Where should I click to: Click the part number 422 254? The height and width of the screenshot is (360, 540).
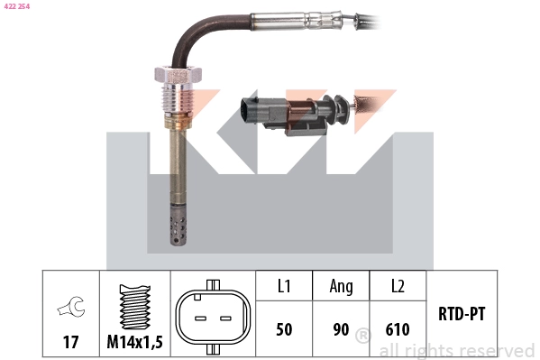(x=17, y=6)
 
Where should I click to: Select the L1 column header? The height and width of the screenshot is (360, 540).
(x=283, y=287)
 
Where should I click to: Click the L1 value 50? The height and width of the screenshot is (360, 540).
(x=283, y=329)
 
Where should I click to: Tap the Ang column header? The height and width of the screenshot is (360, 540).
(x=341, y=287)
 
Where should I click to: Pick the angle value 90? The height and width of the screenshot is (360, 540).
(x=341, y=329)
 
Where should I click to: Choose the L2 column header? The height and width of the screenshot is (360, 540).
(x=398, y=287)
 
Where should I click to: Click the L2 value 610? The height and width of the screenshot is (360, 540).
(x=398, y=329)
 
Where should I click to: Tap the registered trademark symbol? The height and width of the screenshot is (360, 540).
(x=363, y=337)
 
